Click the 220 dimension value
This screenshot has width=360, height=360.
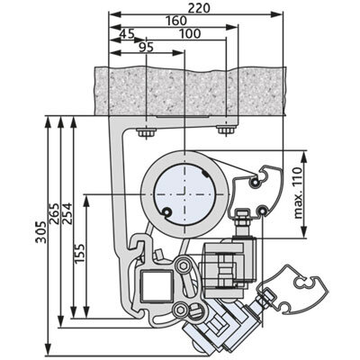point(199,8)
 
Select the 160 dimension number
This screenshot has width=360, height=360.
point(176,21)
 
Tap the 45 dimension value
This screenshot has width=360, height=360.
point(127,34)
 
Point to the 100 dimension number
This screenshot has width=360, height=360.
point(190,34)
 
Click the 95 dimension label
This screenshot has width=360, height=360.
point(147,48)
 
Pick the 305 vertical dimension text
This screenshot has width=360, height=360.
point(40,232)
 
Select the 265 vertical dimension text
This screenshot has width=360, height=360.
point(54,213)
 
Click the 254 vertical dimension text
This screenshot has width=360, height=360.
point(67,213)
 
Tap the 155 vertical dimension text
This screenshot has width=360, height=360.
point(79,254)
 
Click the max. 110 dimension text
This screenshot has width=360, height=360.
point(297,193)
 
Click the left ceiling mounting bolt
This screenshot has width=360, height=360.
point(146,132)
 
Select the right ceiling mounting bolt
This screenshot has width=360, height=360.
point(226,130)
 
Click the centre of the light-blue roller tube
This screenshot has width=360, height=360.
point(184,194)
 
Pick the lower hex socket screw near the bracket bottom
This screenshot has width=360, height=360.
point(181,310)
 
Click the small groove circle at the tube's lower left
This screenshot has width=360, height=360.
point(166,212)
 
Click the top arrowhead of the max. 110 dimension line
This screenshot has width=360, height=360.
point(304,157)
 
